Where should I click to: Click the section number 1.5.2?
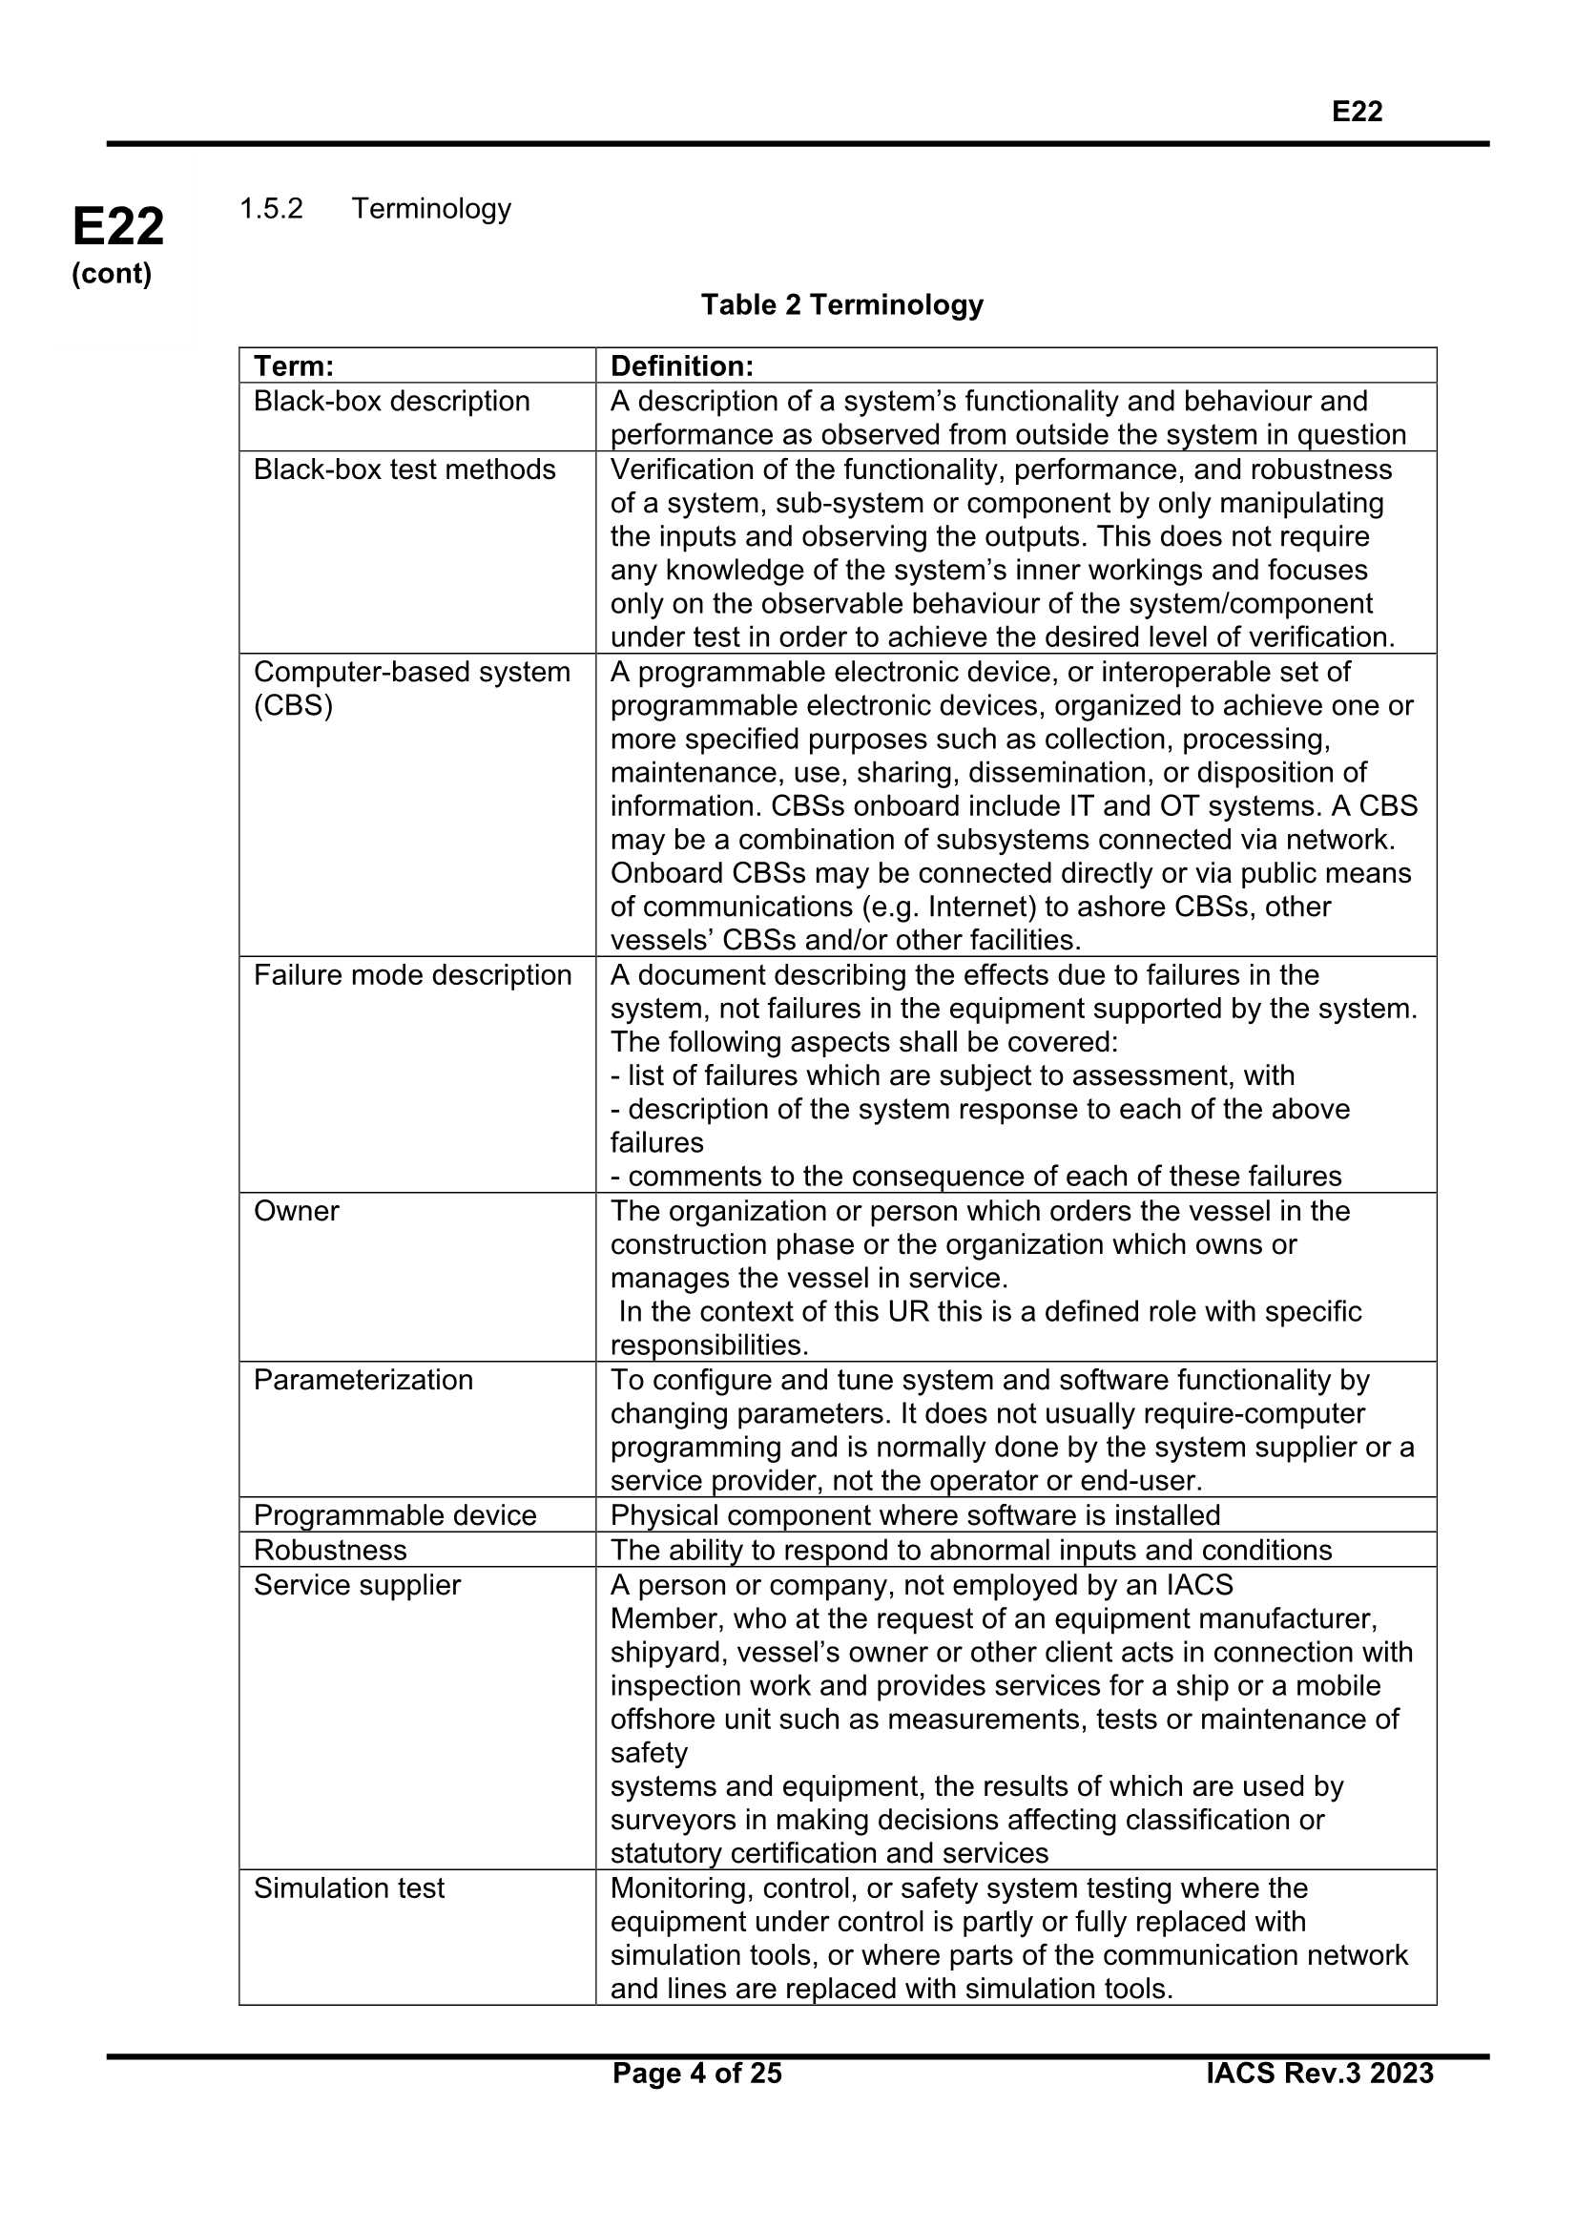[x=271, y=208]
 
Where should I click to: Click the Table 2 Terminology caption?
[x=841, y=305]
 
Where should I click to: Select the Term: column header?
[x=294, y=366]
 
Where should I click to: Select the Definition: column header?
[x=681, y=366]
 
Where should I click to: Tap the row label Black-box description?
[x=391, y=402]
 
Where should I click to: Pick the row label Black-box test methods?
[x=404, y=469]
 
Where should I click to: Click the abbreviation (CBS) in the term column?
[x=293, y=705]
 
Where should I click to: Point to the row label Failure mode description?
[x=412, y=974]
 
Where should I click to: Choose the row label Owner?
[x=297, y=1211]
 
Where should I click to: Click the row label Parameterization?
[x=363, y=1380]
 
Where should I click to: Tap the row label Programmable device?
[x=395, y=1515]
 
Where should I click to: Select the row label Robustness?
[x=330, y=1550]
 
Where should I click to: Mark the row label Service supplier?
[x=357, y=1585]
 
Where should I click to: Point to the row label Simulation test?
[x=349, y=1888]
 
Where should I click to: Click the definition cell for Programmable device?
[x=914, y=1515]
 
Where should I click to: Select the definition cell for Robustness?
[x=970, y=1550]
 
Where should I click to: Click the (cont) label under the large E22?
[x=112, y=274]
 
